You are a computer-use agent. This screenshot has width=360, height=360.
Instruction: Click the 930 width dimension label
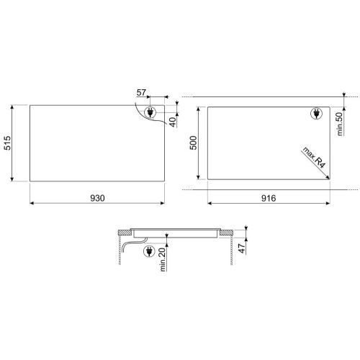point(97,198)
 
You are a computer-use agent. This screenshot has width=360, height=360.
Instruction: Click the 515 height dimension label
point(7,143)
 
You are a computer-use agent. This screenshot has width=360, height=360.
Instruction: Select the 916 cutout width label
point(269,198)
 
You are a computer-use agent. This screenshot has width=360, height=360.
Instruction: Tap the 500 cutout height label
point(193,143)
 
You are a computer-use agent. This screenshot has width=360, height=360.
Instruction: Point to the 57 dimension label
point(141,92)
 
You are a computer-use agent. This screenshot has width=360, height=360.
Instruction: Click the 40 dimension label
point(173,122)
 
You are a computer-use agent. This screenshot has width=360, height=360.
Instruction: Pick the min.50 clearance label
point(340,124)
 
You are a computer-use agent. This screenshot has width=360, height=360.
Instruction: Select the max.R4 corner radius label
point(314,158)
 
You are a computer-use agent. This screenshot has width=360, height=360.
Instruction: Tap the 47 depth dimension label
point(243,248)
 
